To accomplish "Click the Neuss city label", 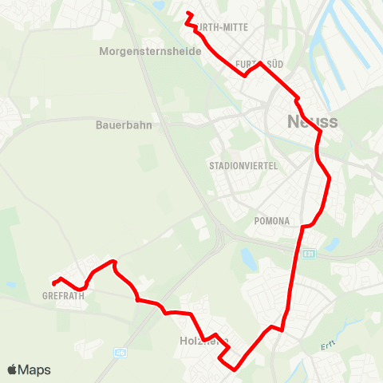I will pos(312,122).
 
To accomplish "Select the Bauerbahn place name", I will pos(124,124).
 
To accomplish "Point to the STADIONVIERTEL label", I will pos(243,166).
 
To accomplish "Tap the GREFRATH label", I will pos(64,294).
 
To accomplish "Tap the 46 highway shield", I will pos(120,350).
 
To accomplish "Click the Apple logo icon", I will pos(13,369).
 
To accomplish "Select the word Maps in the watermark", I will pos(34,370).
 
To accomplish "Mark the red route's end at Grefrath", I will pos(53,283).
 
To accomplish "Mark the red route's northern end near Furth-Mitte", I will pos(188,14).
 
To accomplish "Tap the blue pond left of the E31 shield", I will pos(247,257).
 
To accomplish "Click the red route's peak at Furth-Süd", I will pos(259,62).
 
